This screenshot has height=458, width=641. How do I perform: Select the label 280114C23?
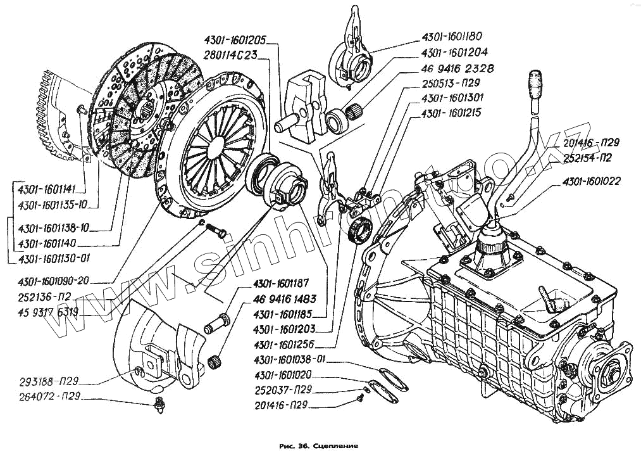coord(230,54)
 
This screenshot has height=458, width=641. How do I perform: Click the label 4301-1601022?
coord(591,182)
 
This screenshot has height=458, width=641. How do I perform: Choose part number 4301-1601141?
coord(47,189)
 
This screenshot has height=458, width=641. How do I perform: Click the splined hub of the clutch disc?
coord(146,109)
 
